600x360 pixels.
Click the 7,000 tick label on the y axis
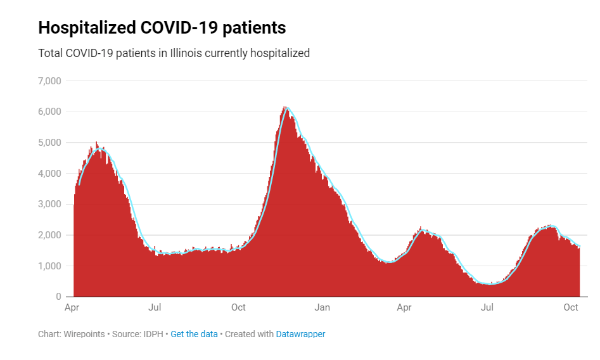(x=49, y=81)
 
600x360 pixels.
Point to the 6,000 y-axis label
(x=49, y=112)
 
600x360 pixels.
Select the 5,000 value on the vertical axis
(x=49, y=143)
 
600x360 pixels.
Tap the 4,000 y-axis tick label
(x=49, y=174)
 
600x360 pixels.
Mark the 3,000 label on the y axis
(x=49, y=204)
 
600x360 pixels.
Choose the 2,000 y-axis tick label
(x=49, y=235)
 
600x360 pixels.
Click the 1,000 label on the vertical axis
(x=49, y=266)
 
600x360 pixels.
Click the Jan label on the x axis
(x=322, y=308)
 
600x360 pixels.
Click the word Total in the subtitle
(x=51, y=53)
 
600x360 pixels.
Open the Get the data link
(x=194, y=334)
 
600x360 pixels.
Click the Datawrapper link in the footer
(x=300, y=334)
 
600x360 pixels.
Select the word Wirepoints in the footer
(x=84, y=334)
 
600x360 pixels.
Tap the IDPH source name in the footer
(x=153, y=334)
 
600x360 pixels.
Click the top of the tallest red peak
(x=285, y=107)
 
